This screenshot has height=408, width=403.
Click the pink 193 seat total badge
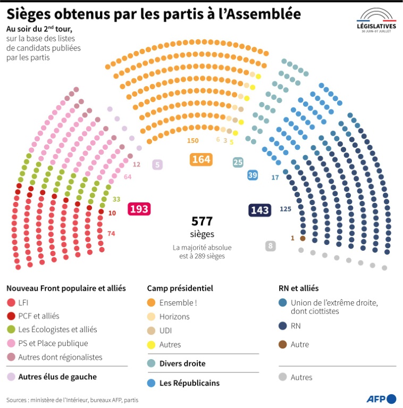point(139,209)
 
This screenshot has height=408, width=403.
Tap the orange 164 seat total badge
point(201,159)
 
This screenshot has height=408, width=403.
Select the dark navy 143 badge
point(259,210)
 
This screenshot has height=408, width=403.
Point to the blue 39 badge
point(253,175)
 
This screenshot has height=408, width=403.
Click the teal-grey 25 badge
point(238,162)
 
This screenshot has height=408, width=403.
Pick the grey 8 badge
point(271,245)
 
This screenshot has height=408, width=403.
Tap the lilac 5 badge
point(157,165)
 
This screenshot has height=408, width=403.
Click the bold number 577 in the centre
point(202,222)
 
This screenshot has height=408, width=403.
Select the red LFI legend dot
point(11,303)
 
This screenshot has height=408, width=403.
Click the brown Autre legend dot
point(283,344)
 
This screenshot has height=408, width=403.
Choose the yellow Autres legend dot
point(152,344)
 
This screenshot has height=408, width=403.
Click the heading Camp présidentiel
point(180,288)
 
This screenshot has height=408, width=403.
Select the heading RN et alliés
point(298,288)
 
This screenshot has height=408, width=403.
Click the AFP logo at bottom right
point(381,398)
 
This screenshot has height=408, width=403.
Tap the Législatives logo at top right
point(376,20)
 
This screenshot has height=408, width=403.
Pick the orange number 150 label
point(192,140)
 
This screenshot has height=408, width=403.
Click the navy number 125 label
point(286,209)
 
